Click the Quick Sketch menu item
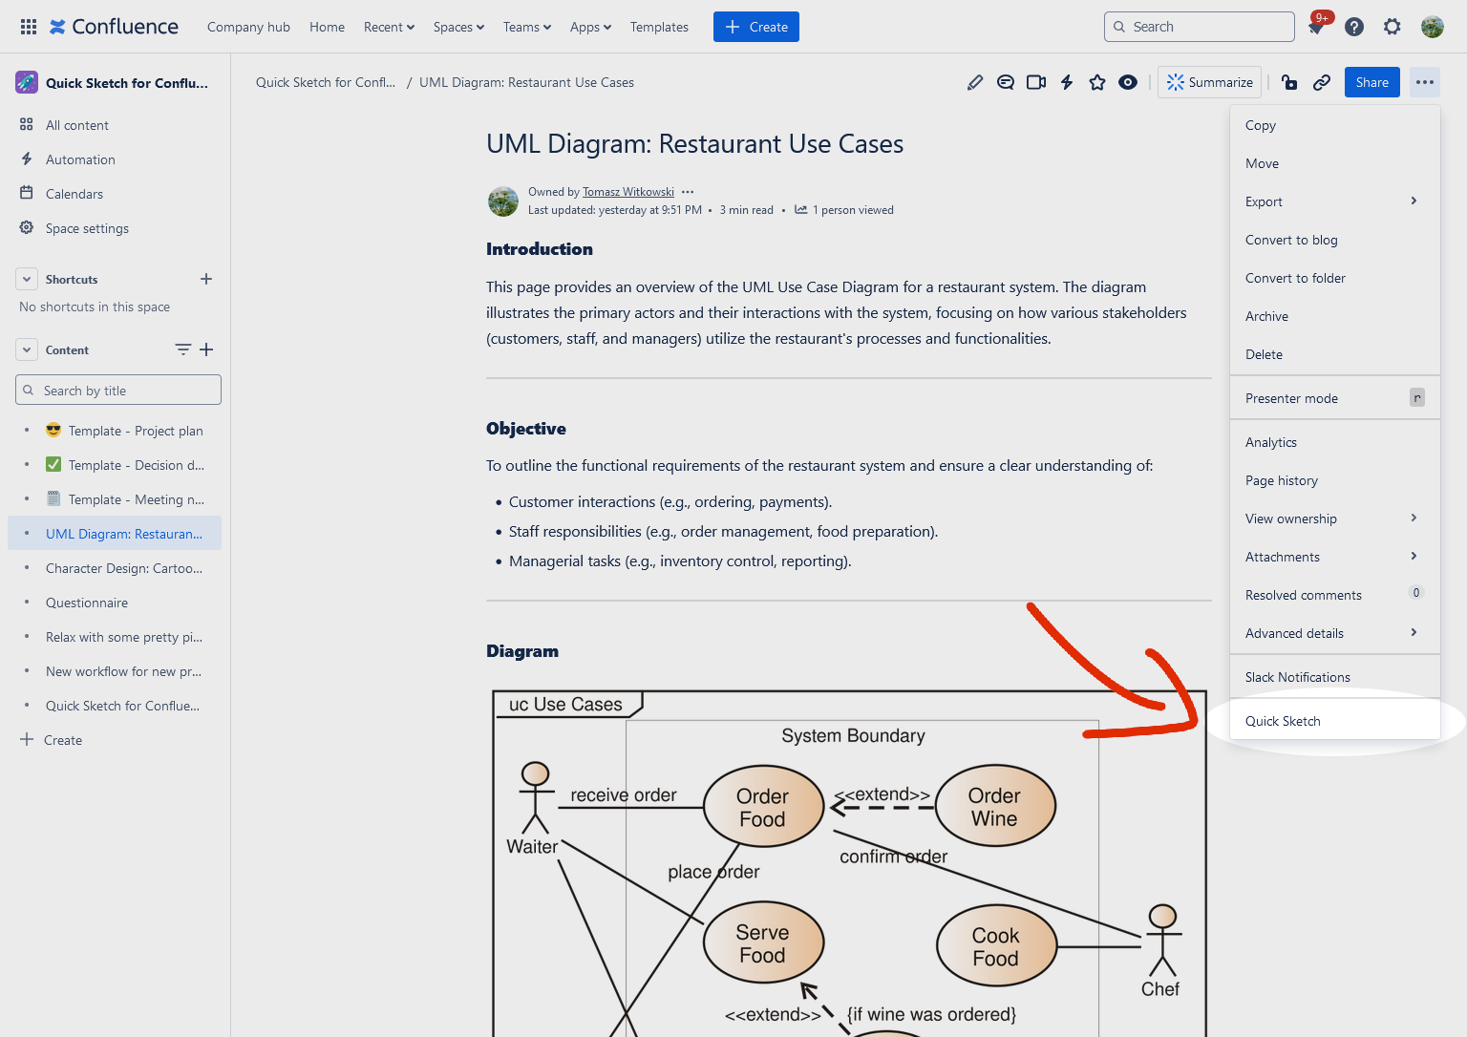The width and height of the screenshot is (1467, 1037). coord(1283,721)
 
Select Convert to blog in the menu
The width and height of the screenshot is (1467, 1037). coord(1291,240)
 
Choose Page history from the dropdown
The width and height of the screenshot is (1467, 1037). coord(1282,480)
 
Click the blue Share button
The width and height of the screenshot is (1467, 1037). coord(1371,82)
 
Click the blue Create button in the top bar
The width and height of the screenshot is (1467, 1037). coord(755,27)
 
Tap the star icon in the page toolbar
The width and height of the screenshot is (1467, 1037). coord(1097,82)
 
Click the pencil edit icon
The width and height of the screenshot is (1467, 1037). coord(975,82)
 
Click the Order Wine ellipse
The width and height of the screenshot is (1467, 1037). coord(995,807)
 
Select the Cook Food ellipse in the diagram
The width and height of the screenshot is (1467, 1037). coord(996,946)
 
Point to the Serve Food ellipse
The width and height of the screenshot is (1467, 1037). coord(762,943)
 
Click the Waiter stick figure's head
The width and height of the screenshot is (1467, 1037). coord(536,773)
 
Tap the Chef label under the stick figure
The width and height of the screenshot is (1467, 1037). coord(1160,989)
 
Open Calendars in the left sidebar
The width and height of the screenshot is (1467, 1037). coord(74,194)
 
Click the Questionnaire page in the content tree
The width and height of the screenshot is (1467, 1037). coord(87,603)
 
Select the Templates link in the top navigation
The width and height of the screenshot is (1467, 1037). coord(659,27)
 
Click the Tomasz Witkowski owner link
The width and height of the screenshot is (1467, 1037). coord(628,192)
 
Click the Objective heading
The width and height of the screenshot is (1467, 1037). coord(526,429)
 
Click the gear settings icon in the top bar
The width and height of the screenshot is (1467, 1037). coord(1393,27)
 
